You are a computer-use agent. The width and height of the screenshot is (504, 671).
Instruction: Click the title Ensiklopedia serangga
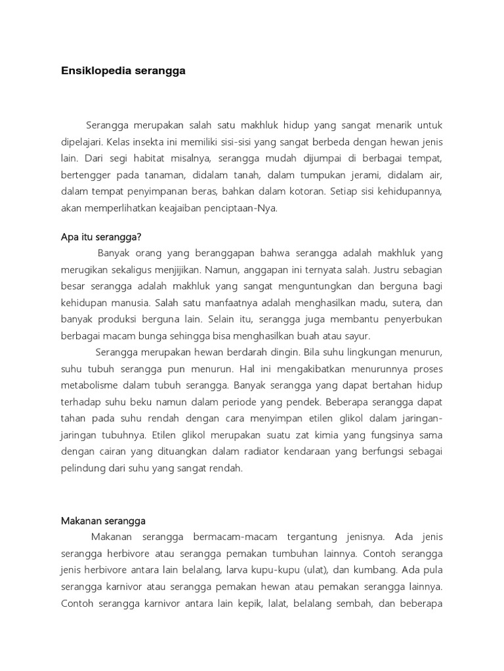[123, 71]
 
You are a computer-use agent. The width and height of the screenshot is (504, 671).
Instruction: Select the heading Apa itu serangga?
[101, 237]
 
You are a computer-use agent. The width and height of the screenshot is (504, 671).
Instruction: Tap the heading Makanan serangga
[103, 521]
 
